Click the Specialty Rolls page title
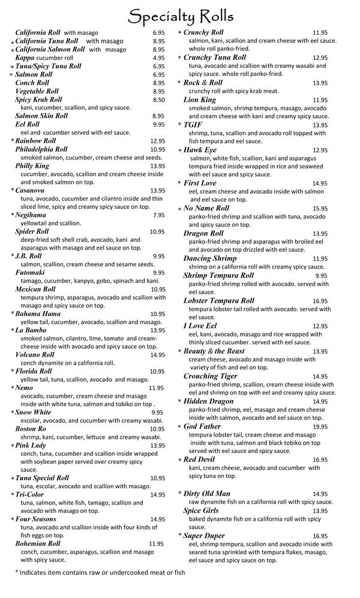[181, 14]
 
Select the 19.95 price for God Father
[320, 426]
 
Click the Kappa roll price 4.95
[158, 58]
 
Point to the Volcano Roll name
[35, 354]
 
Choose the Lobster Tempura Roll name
[218, 300]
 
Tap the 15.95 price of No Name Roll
[320, 208]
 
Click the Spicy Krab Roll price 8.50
[158, 100]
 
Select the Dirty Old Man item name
[206, 494]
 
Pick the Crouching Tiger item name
[210, 376]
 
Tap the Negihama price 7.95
[158, 215]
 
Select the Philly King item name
[32, 166]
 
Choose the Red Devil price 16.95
[320, 459]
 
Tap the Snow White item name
[33, 413]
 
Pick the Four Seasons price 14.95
[157, 519]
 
